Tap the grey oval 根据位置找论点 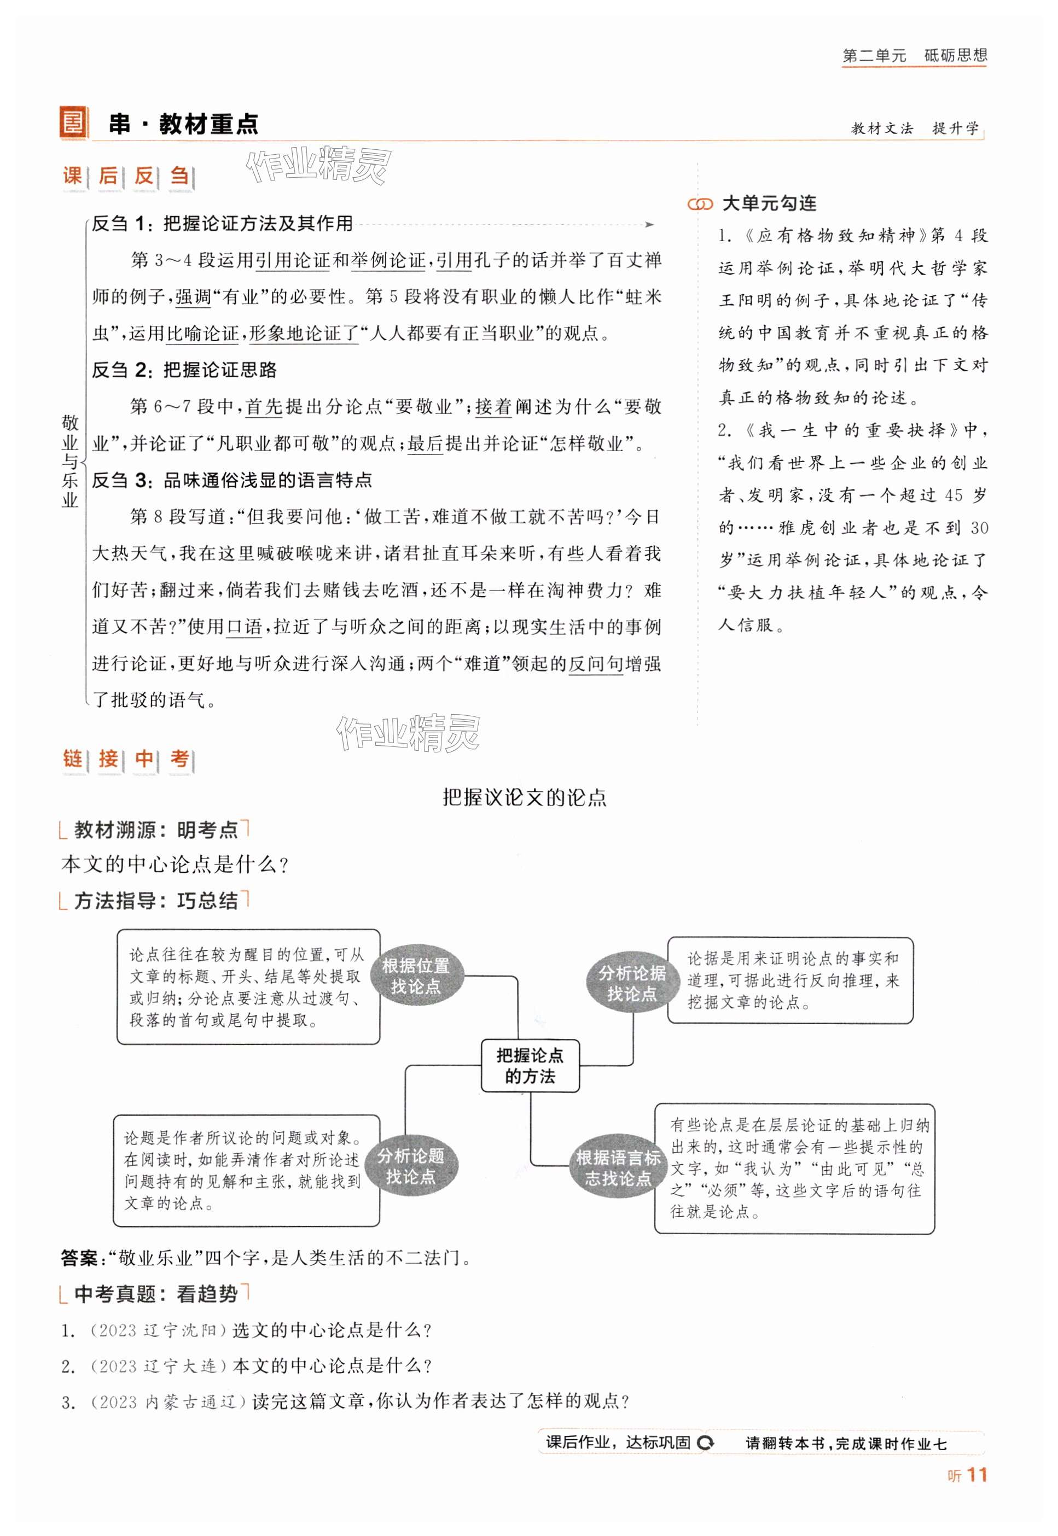(416, 976)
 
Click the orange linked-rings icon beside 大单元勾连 (700, 204)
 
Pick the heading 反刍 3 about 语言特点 (231, 480)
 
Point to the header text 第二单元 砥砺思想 (914, 56)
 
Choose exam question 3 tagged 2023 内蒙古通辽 (345, 1401)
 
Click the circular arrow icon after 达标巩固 (706, 1442)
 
